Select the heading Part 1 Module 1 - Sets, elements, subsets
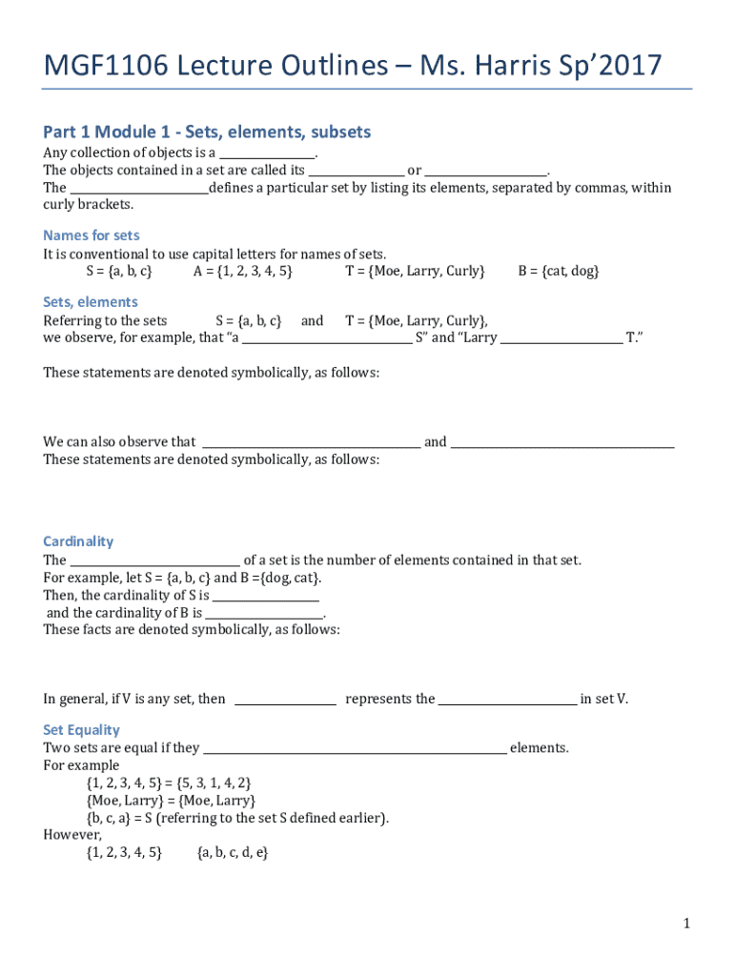[207, 132]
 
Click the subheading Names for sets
[92, 235]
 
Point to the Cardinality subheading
[78, 541]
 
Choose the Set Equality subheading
[81, 730]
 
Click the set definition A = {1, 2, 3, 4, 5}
[243, 272]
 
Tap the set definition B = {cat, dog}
[559, 272]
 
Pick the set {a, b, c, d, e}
[233, 852]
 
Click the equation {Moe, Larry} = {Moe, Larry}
[171, 801]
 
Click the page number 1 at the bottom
[685, 923]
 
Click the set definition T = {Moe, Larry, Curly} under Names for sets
[415, 272]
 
